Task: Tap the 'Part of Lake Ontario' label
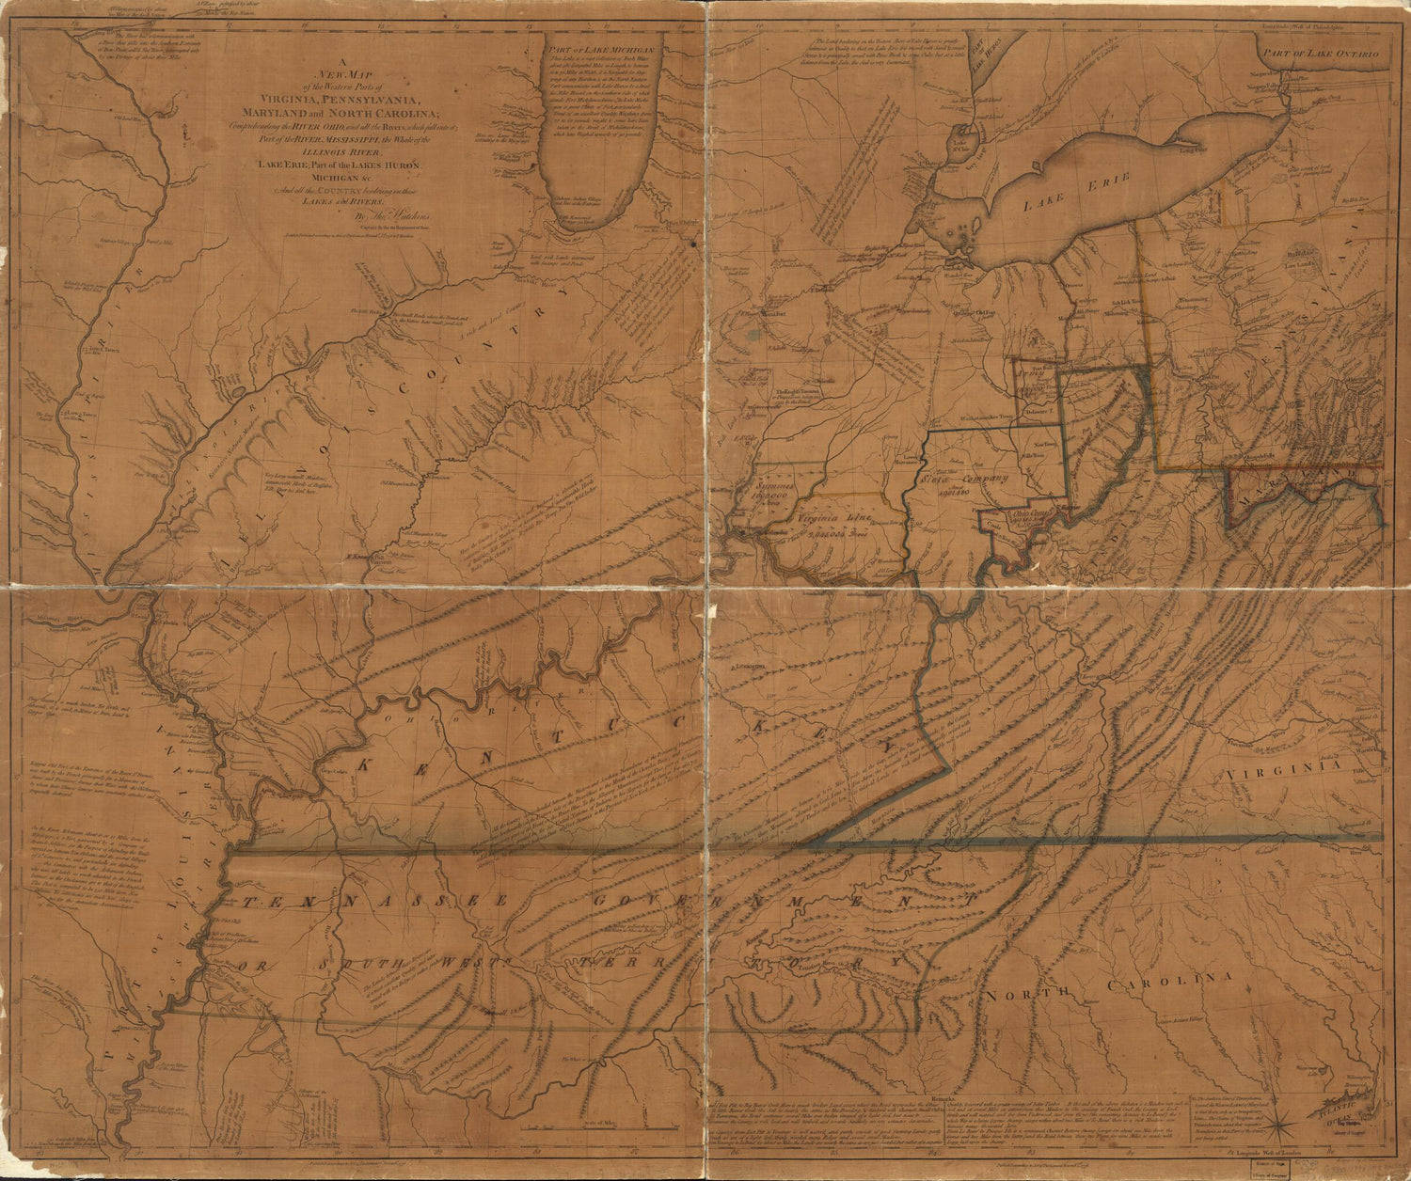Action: click(1321, 55)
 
